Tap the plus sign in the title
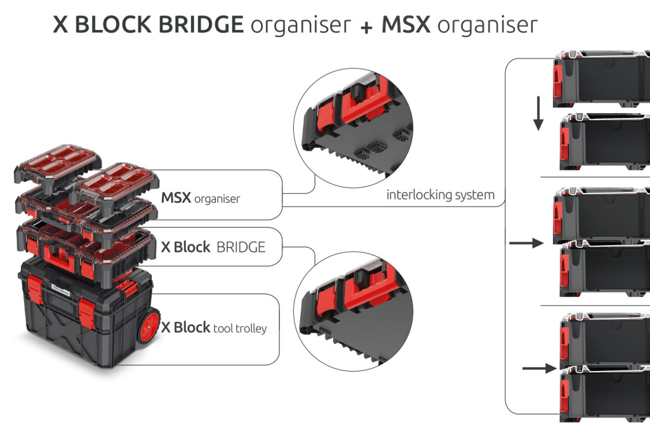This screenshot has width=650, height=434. click(x=366, y=26)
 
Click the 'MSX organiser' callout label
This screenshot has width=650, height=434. click(x=201, y=199)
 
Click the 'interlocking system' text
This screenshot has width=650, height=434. click(x=440, y=195)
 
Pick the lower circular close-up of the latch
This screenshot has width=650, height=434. click(x=353, y=305)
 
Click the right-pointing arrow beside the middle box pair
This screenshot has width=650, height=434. click(x=526, y=243)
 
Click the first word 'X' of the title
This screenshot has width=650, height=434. click(x=61, y=25)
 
